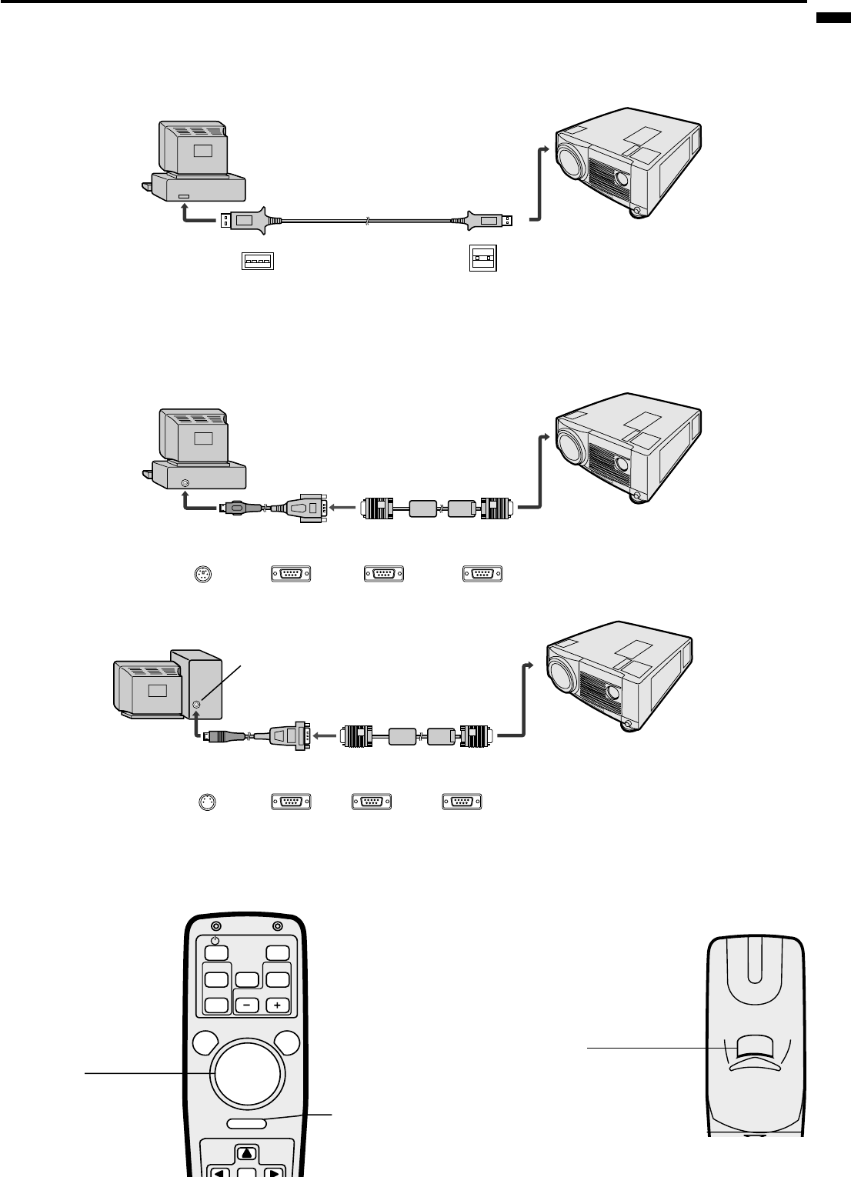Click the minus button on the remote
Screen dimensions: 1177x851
point(247,1005)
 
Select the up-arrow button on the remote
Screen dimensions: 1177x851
point(245,1152)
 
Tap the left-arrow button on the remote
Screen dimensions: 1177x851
point(219,1171)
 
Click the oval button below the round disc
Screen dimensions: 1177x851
point(247,1123)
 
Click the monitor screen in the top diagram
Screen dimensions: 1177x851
point(202,151)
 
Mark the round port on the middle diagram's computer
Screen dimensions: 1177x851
point(183,483)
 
